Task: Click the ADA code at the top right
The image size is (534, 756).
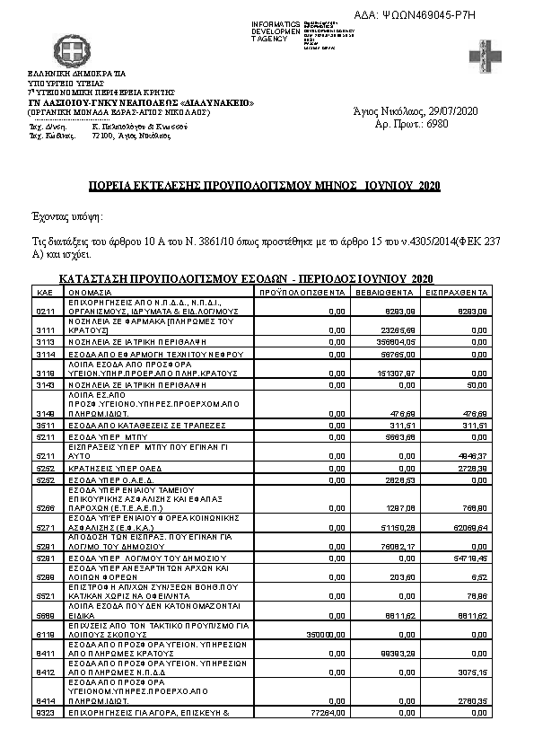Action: pyautogui.click(x=451, y=14)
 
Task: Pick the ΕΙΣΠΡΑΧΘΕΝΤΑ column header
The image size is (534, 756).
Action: pyautogui.click(x=458, y=293)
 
